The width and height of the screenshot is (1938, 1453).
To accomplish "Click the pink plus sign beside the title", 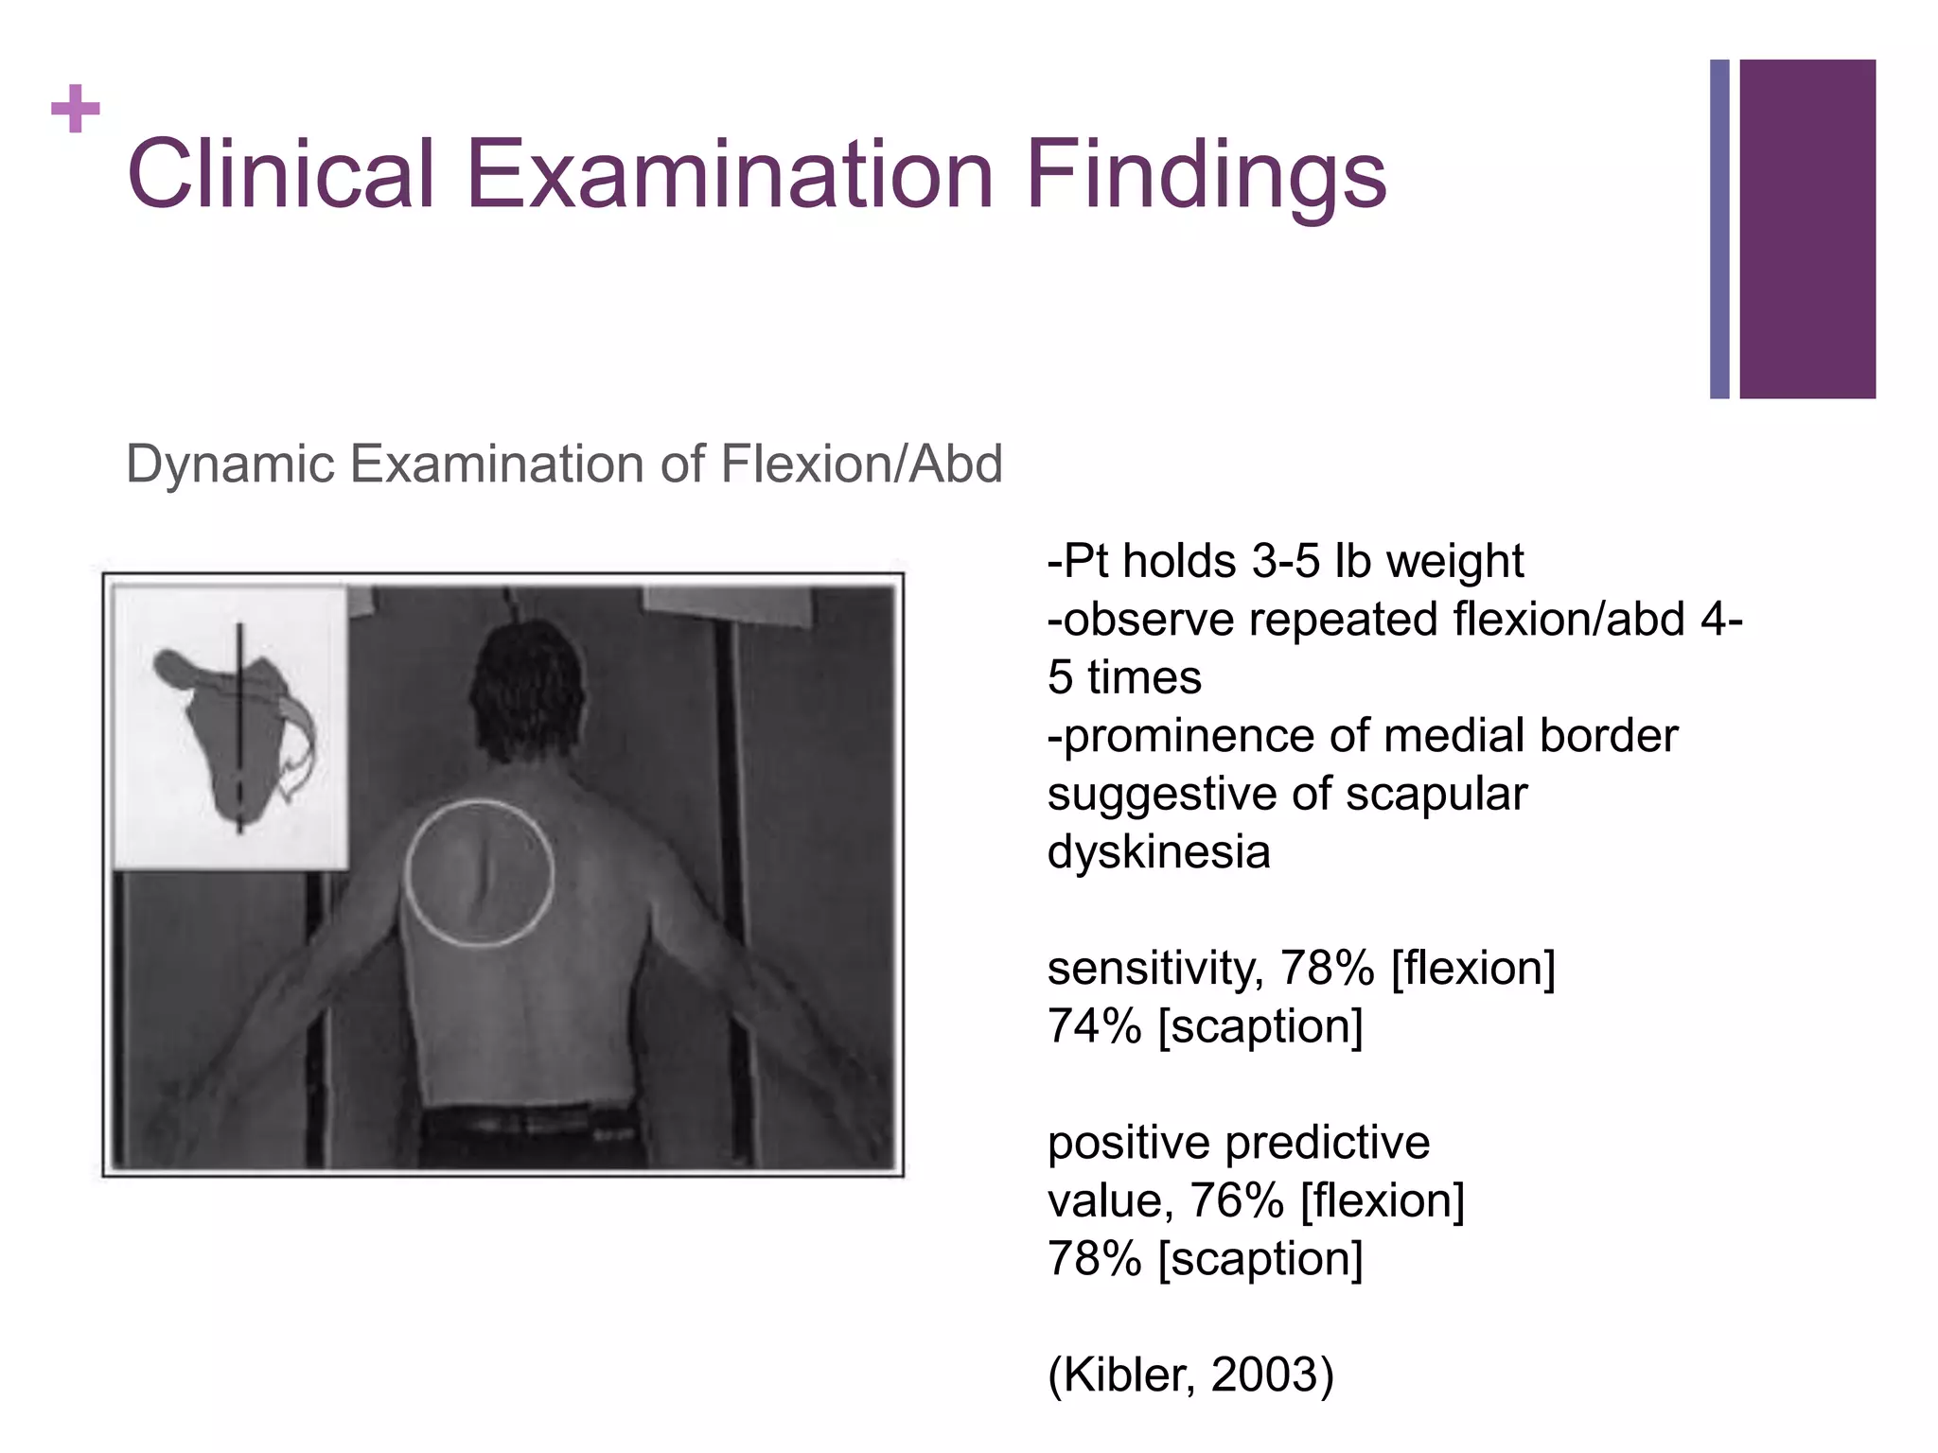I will [76, 110].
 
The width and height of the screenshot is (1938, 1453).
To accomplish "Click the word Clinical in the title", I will [280, 175].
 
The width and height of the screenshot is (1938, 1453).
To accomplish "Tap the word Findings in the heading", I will [1206, 175].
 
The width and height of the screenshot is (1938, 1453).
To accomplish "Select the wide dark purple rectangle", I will [1806, 229].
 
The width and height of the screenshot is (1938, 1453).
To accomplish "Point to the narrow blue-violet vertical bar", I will [1719, 229].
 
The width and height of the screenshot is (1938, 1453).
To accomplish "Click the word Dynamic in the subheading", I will [230, 464].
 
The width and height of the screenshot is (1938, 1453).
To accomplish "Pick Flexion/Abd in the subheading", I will [860, 464].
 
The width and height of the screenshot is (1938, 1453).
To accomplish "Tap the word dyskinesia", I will [1158, 851].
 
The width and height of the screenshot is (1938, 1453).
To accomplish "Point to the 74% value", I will [1094, 1026].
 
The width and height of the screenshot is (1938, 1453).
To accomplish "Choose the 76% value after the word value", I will [1236, 1201].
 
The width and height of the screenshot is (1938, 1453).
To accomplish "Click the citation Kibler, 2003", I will [1190, 1374].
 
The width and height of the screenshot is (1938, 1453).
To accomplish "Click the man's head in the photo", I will [527, 691].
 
